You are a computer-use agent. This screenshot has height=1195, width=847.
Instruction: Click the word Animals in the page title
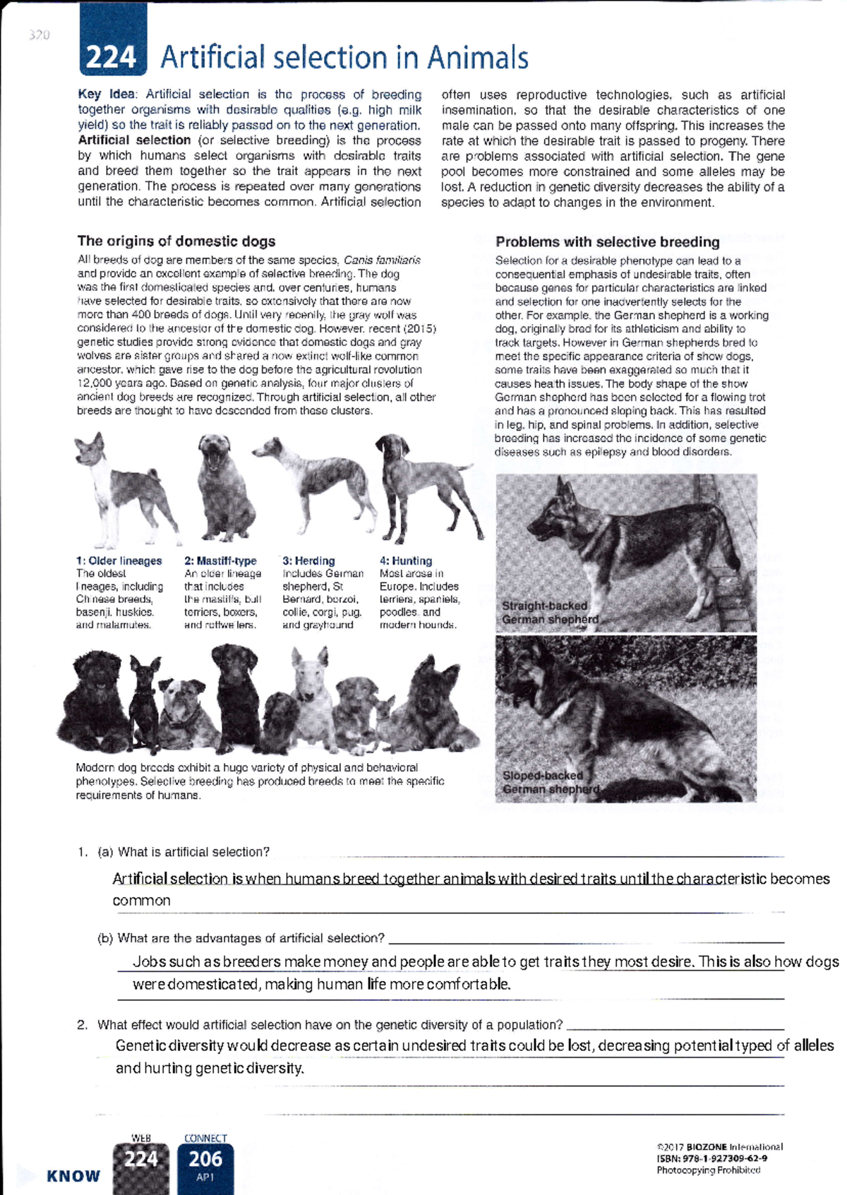click(x=477, y=58)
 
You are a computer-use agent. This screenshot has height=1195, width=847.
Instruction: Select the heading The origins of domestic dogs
click(x=176, y=241)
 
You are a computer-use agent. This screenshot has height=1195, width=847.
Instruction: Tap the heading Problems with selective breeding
click(x=607, y=242)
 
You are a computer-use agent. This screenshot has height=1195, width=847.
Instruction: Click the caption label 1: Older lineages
click(x=119, y=561)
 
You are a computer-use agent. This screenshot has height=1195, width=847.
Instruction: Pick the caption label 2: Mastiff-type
click(x=220, y=561)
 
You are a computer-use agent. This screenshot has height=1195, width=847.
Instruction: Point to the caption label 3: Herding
click(x=308, y=561)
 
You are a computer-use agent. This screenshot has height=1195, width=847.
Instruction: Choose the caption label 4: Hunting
click(x=406, y=561)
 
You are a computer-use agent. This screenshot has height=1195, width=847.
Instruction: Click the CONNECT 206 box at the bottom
click(x=205, y=1163)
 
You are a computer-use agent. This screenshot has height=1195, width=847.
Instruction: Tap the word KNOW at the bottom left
click(x=73, y=1176)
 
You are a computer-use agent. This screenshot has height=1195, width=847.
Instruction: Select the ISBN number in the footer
click(x=712, y=1158)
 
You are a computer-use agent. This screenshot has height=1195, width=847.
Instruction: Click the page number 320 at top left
click(x=40, y=35)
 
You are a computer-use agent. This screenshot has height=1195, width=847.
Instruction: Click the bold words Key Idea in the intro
click(x=109, y=95)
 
